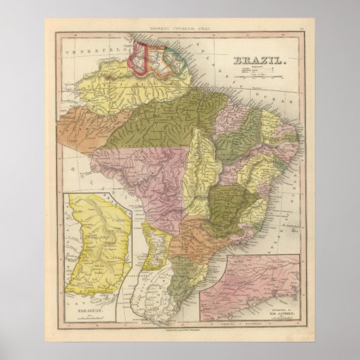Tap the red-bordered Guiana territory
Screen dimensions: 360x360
point(142,58)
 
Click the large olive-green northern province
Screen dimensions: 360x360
point(170,122)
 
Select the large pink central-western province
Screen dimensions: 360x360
point(139,180)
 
